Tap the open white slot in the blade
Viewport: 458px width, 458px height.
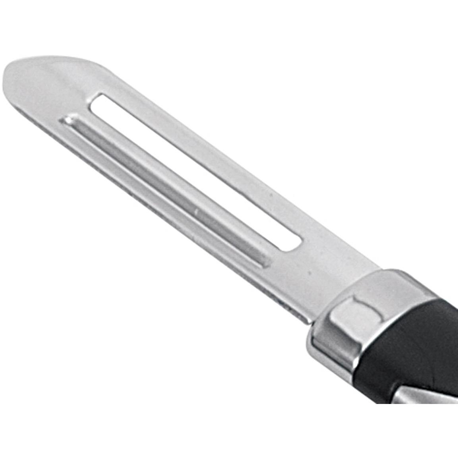(191, 171)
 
